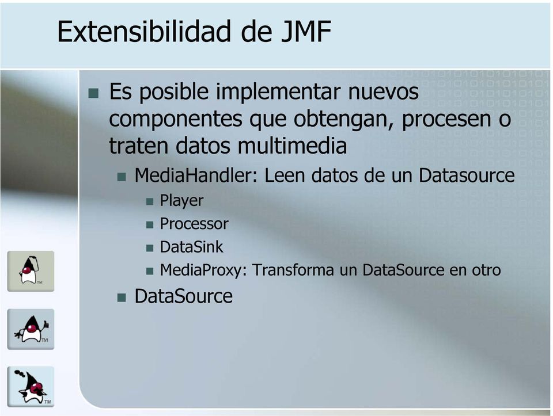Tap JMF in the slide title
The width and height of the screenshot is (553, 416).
tap(306, 31)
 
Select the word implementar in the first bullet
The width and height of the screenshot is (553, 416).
tap(278, 92)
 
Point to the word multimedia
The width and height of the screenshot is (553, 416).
tap(292, 145)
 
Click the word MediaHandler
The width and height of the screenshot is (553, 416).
tap(196, 175)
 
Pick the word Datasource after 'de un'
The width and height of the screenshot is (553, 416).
tap(467, 175)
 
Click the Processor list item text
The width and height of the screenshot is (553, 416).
tap(194, 224)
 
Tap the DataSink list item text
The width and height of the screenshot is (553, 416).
tap(191, 247)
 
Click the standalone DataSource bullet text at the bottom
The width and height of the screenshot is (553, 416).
tap(183, 296)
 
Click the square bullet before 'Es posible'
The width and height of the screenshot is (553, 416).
tap(93, 93)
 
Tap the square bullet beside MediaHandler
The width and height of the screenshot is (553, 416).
tap(122, 177)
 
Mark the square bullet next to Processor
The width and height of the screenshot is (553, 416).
tap(150, 225)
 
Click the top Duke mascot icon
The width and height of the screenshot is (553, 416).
tap(31, 271)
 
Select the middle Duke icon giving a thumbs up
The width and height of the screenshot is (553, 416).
tap(31, 329)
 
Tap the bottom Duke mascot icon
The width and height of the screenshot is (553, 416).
tap(31, 387)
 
